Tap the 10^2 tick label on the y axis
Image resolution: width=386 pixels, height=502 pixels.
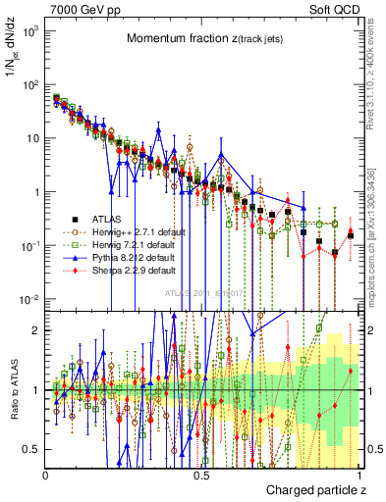(28, 84)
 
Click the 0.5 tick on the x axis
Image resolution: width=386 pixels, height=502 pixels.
(202, 475)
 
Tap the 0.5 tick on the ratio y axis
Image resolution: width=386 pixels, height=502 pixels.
(31, 449)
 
